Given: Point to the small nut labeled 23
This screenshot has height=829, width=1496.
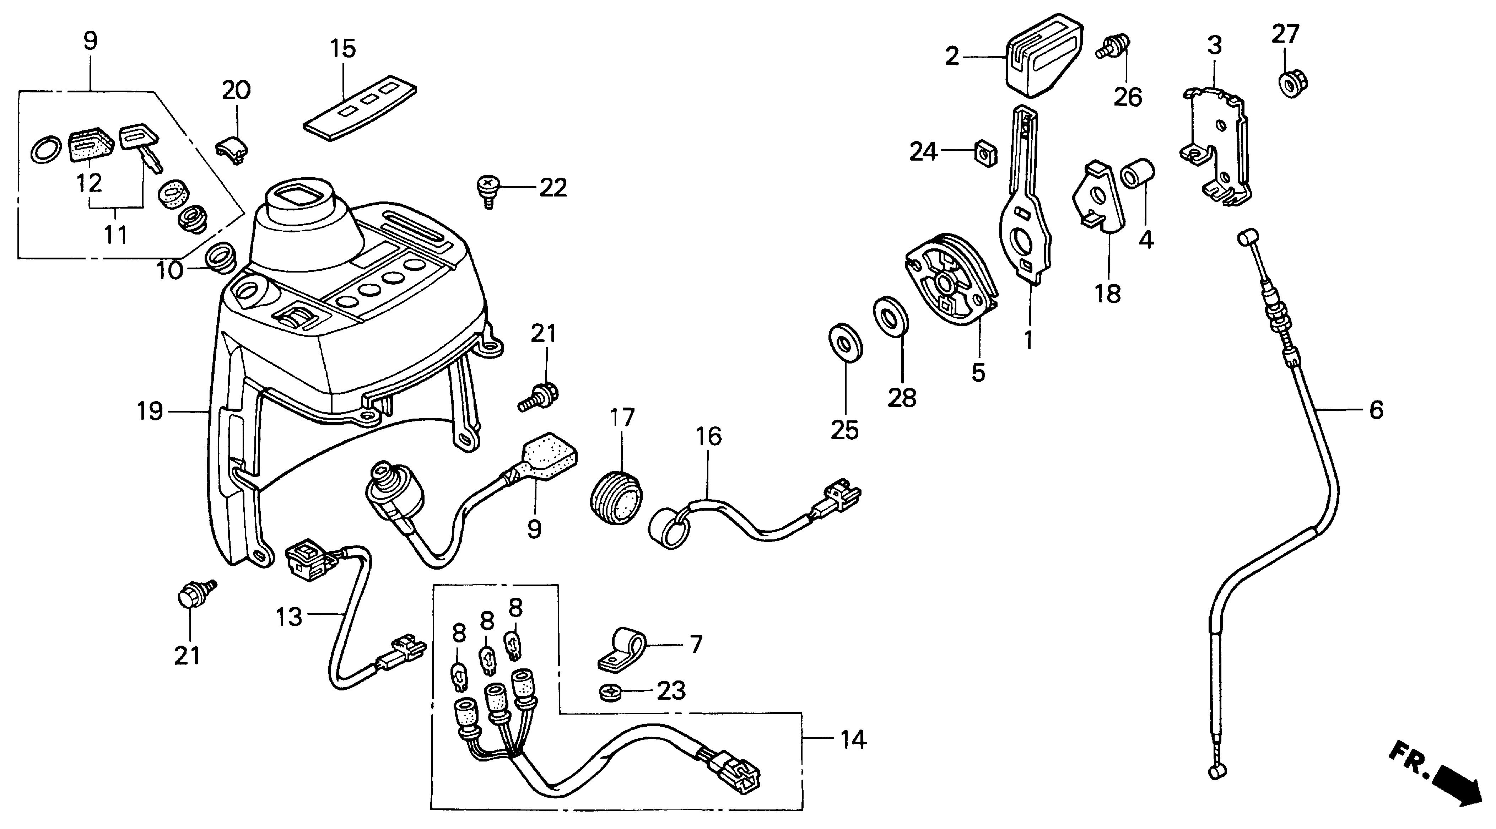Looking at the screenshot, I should [611, 692].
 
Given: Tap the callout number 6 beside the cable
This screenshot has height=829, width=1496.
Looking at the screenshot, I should [1376, 410].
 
